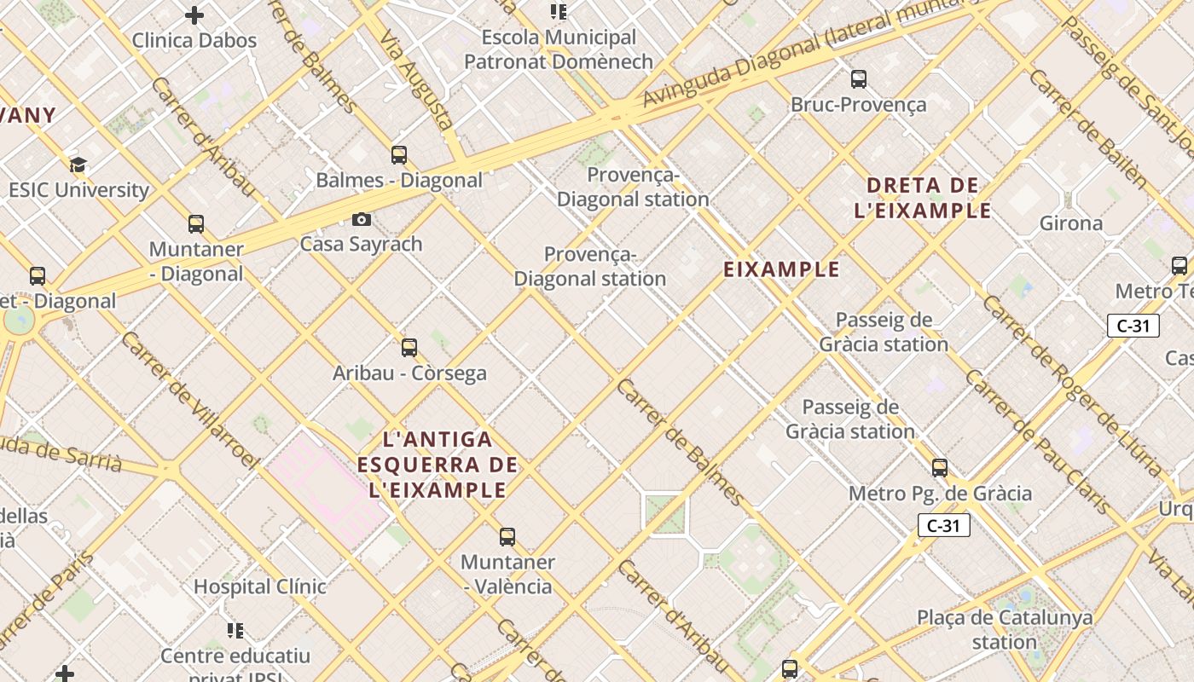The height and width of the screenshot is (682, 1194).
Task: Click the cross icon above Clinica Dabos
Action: click(194, 15)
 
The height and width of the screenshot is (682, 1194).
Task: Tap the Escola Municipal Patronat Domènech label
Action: click(559, 49)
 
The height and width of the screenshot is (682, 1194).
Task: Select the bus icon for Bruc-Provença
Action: click(859, 79)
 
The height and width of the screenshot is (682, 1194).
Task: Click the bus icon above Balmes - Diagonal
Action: click(399, 155)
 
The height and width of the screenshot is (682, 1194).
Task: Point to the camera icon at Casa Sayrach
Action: click(362, 220)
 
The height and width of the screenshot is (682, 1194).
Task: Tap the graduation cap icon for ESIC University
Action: click(78, 165)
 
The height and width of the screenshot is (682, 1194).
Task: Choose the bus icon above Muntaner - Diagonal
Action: click(196, 224)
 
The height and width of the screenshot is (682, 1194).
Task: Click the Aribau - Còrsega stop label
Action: click(409, 373)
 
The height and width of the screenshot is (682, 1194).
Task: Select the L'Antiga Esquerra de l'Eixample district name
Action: click(438, 465)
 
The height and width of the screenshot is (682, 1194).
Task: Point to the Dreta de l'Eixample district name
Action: click(923, 198)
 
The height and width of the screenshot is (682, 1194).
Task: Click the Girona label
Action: click(1071, 223)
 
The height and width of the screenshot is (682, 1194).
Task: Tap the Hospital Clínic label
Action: click(260, 587)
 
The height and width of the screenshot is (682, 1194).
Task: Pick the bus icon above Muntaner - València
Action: click(507, 537)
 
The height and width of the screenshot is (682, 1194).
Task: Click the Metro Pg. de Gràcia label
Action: click(940, 494)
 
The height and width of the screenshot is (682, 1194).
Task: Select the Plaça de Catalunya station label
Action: click(1005, 629)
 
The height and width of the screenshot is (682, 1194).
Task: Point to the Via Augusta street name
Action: click(415, 81)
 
